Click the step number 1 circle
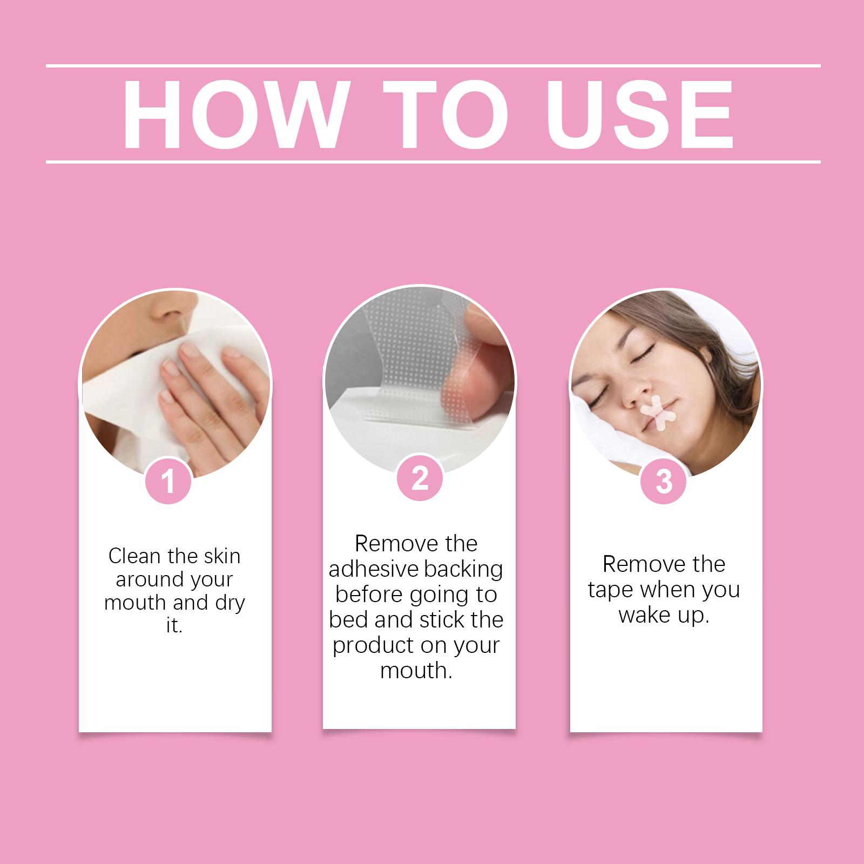[x=168, y=481]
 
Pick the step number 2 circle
[x=420, y=478]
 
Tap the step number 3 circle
[x=664, y=481]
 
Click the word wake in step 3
[x=643, y=615]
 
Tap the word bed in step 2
[x=348, y=620]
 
